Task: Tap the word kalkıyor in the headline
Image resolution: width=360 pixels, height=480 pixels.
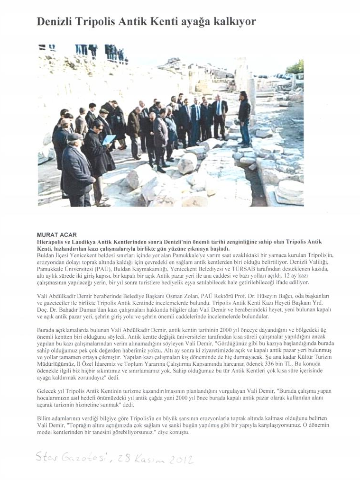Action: (x=232, y=22)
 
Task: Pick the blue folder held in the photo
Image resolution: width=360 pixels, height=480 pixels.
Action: (x=109, y=140)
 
